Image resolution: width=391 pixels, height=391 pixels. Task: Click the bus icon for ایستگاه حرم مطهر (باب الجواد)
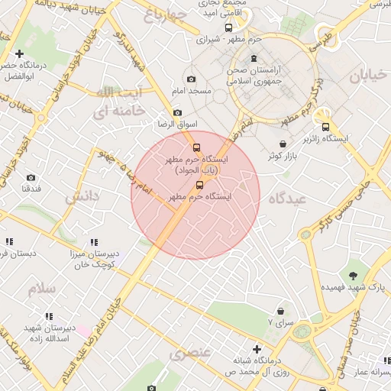coord(196,148)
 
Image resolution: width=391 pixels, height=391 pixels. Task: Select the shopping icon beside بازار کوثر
coord(283,144)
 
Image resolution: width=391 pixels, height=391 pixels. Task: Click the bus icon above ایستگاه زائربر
coord(326,128)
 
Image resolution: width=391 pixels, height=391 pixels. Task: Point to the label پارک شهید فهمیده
coord(354,286)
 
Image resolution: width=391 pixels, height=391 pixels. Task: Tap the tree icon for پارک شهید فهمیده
coord(354,273)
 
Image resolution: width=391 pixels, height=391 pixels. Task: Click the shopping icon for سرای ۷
coord(282,311)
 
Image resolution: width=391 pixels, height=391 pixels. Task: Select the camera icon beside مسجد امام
coord(191,79)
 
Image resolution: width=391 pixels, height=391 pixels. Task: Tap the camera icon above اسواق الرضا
coord(177,112)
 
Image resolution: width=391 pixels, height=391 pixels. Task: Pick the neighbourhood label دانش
coord(82,196)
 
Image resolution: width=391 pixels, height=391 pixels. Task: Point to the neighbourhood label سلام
coord(42,289)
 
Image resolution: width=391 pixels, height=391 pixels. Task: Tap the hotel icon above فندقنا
coord(32,175)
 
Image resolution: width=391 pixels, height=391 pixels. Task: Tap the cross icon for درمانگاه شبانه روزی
coord(257,349)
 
